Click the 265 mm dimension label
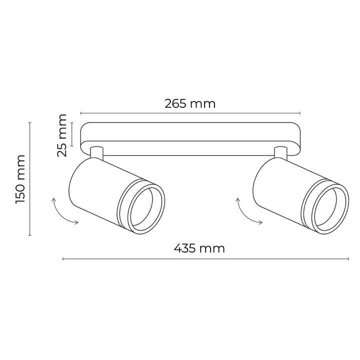190,104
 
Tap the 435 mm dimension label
199,248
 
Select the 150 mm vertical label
20,179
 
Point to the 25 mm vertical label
62,135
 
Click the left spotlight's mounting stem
96,152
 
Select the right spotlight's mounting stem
280,152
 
